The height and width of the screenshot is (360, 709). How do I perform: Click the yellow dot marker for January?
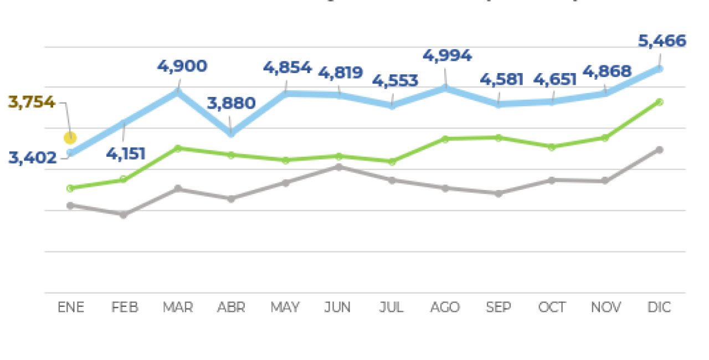pos(70,138)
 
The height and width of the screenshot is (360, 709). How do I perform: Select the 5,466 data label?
pos(661,41)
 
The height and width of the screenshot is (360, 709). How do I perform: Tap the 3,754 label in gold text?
pos(32,102)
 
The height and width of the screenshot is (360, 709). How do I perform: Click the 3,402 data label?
pos(33,158)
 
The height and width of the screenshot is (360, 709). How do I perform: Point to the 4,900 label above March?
pos(182,66)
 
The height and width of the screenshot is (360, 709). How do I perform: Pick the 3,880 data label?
pos(231,103)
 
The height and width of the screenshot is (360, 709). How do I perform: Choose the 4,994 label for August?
pos(447,55)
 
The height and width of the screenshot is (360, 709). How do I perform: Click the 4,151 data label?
pos(126,153)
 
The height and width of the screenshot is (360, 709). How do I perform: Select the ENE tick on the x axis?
pos(71,307)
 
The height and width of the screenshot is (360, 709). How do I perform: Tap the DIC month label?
pos(659,307)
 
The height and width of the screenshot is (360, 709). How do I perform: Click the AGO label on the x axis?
pos(445,307)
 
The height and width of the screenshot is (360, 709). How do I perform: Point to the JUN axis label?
pos(338,307)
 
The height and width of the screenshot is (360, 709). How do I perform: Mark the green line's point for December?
pos(659,102)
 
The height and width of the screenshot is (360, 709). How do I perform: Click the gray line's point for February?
pos(124,214)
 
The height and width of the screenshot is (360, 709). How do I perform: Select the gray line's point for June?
pos(338,167)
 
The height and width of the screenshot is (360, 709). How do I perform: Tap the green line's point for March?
pos(177,148)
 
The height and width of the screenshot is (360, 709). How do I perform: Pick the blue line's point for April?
pos(231,133)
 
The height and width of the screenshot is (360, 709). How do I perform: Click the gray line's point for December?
pos(659,150)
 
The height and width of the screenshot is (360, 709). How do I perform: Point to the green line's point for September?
pos(499,137)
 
